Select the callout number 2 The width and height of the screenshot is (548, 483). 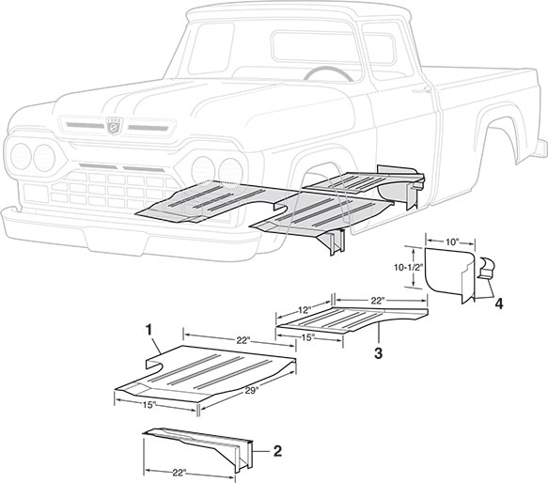pos(277,451)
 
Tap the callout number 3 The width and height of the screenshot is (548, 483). pos(377,353)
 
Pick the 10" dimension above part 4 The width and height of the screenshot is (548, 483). pos(452,242)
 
